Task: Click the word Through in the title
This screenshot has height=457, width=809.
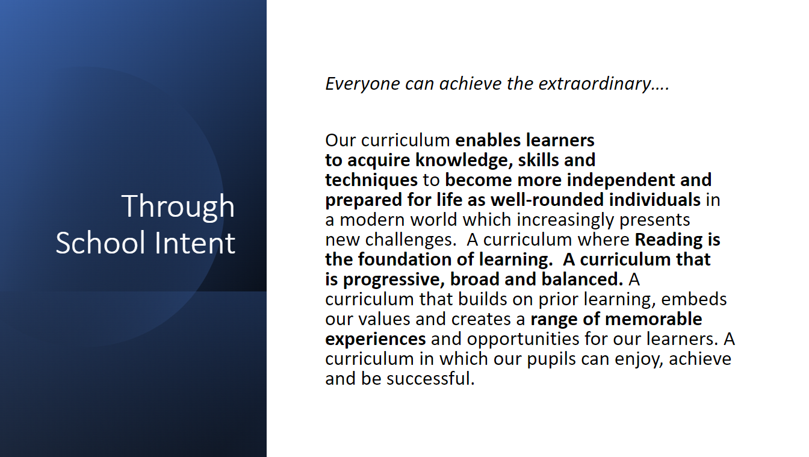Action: (x=178, y=207)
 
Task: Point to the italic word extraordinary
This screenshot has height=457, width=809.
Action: (x=595, y=84)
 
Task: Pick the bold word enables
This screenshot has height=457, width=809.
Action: (x=488, y=140)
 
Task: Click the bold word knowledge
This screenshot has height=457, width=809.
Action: (x=462, y=160)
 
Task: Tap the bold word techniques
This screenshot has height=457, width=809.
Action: (x=371, y=180)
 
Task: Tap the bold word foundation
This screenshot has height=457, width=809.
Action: (x=404, y=260)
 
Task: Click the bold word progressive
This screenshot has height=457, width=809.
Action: (x=394, y=279)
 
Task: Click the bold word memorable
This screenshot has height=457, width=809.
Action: (x=653, y=319)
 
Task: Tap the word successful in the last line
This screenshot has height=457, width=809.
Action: (x=430, y=379)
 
